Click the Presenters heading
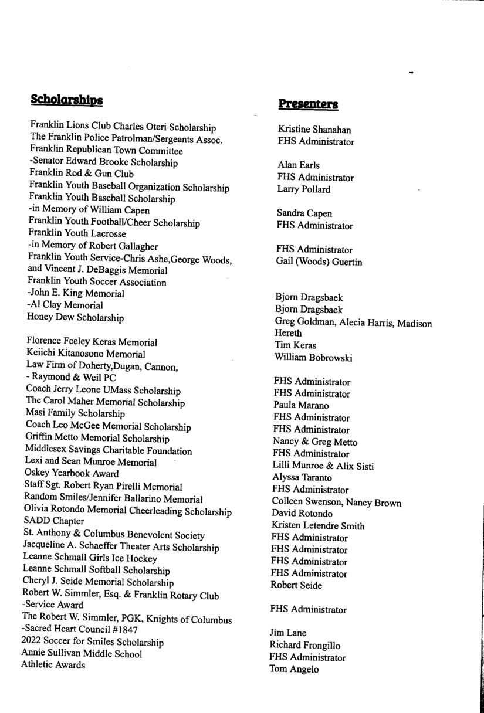pyautogui.click(x=308, y=104)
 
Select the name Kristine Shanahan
pyautogui.click(x=314, y=130)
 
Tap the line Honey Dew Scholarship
pyautogui.click(x=75, y=318)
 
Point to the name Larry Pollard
pyautogui.click(x=304, y=189)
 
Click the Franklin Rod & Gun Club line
pyautogui.click(x=82, y=174)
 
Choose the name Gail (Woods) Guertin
pyautogui.click(x=319, y=262)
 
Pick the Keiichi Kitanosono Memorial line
pyautogui.click(x=86, y=354)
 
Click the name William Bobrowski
pyautogui.click(x=313, y=357)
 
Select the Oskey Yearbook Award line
pyautogui.click(x=72, y=473)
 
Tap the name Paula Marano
pyautogui.click(x=301, y=405)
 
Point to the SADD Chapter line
pyautogui.click(x=54, y=521)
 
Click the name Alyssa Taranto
pyautogui.click(x=302, y=478)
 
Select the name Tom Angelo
pyautogui.click(x=294, y=669)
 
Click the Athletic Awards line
pyautogui.click(x=53, y=665)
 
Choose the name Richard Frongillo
pyautogui.click(x=304, y=646)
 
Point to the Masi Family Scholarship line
pyautogui.click(x=75, y=414)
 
